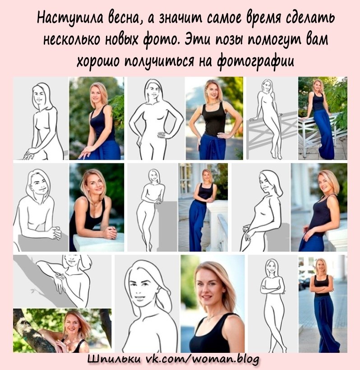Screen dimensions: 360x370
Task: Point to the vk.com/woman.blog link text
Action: click(x=202, y=359)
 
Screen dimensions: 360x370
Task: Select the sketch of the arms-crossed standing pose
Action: click(x=272, y=304)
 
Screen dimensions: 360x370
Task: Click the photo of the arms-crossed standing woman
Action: click(x=323, y=304)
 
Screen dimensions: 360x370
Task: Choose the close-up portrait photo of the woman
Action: click(x=212, y=304)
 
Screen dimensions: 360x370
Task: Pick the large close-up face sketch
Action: click(x=148, y=304)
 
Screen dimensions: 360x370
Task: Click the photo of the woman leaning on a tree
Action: click(x=62, y=330)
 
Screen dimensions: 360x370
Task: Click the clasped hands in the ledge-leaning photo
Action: click(x=110, y=232)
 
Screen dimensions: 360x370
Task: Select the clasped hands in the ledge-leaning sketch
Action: click(x=54, y=232)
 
